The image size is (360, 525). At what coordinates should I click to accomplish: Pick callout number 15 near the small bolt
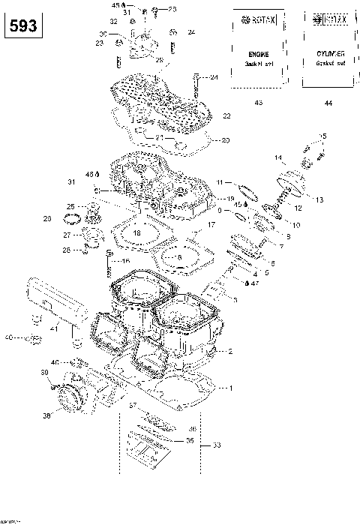[x=323, y=136]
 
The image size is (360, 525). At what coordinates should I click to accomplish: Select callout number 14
[x=277, y=158]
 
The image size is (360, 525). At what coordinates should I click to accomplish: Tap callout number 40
[x=9, y=337]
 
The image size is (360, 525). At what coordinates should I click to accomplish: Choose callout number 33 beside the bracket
[x=217, y=445]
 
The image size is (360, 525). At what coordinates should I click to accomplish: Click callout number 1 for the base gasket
[x=231, y=388]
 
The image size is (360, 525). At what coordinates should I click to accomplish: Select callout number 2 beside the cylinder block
[x=230, y=351]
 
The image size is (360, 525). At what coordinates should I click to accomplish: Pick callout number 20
[x=226, y=140]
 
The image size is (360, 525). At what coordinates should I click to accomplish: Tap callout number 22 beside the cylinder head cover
[x=226, y=115]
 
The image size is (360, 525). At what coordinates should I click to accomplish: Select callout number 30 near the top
[x=103, y=34]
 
